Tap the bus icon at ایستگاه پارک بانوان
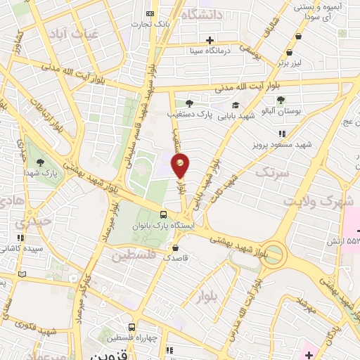164,215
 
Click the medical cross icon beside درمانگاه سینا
210,39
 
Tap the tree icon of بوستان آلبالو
281,100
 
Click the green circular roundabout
274,252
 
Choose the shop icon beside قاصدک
175,247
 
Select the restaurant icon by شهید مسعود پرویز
281,134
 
